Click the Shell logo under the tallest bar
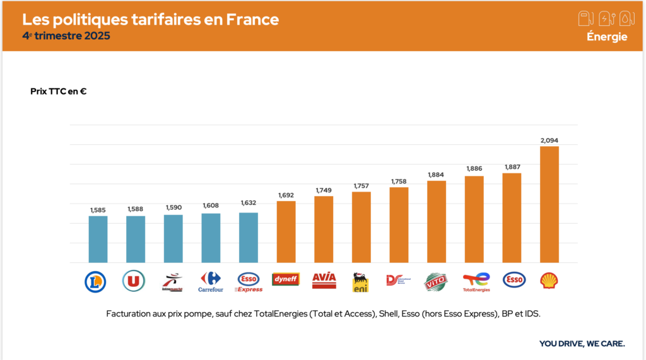click(x=549, y=280)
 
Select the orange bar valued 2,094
click(x=549, y=204)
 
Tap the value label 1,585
click(x=98, y=209)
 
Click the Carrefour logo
click(x=211, y=282)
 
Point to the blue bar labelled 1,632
click(x=249, y=238)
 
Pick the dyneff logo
click(x=286, y=279)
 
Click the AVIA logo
click(x=324, y=280)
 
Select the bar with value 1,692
click(x=286, y=231)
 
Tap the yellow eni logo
click(x=361, y=282)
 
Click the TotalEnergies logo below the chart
click(x=476, y=282)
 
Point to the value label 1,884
click(x=436, y=175)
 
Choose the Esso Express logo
click(x=248, y=281)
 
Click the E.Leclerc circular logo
click(x=95, y=281)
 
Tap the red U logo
click(x=134, y=281)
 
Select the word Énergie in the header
click(x=607, y=37)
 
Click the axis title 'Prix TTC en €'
click(x=58, y=91)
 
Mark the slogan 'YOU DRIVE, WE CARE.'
click(x=582, y=344)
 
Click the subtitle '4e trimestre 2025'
click(x=66, y=36)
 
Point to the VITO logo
click(x=436, y=281)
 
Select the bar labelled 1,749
click(x=324, y=229)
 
